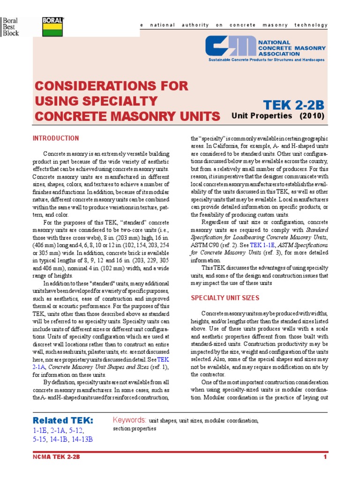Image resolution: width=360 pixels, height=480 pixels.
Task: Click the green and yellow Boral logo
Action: point(53,27)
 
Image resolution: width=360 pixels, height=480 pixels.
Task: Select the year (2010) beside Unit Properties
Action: point(312,116)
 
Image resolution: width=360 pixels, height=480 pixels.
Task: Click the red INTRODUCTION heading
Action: point(56,138)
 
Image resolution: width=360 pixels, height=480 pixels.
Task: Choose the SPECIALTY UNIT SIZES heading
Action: point(225,298)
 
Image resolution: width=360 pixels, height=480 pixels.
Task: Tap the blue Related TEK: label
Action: point(63,420)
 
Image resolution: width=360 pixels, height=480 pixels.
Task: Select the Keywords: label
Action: point(130,420)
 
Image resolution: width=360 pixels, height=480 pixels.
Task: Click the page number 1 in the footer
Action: point(324,457)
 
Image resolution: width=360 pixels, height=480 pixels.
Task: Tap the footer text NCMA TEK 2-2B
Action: point(56,457)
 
